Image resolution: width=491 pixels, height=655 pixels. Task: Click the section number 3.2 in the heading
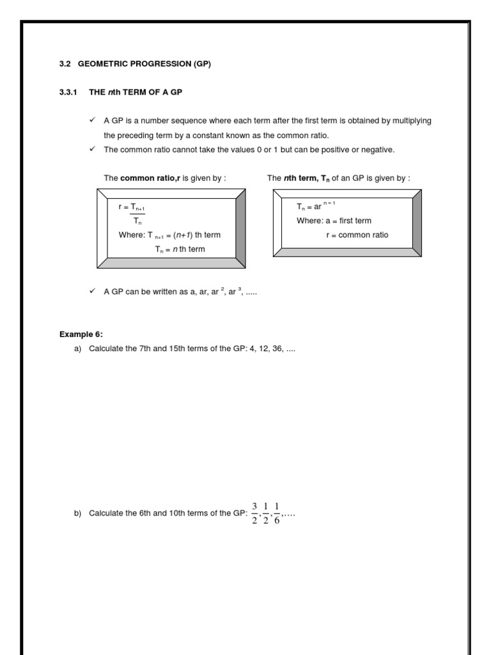click(65, 65)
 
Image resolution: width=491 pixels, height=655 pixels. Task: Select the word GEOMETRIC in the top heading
click(103, 65)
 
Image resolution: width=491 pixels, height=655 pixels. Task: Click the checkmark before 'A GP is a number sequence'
click(92, 120)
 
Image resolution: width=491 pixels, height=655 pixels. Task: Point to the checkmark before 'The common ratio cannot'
click(92, 149)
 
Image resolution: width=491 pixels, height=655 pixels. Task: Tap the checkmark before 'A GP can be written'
click(92, 291)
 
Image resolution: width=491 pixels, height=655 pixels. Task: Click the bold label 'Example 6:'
click(81, 334)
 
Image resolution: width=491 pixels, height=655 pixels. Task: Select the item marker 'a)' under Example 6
click(78, 349)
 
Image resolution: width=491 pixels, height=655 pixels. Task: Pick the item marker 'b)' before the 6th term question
click(78, 514)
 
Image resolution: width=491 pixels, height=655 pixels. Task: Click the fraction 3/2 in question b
click(254, 514)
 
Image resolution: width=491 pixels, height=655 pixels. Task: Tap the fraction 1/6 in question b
click(277, 514)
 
